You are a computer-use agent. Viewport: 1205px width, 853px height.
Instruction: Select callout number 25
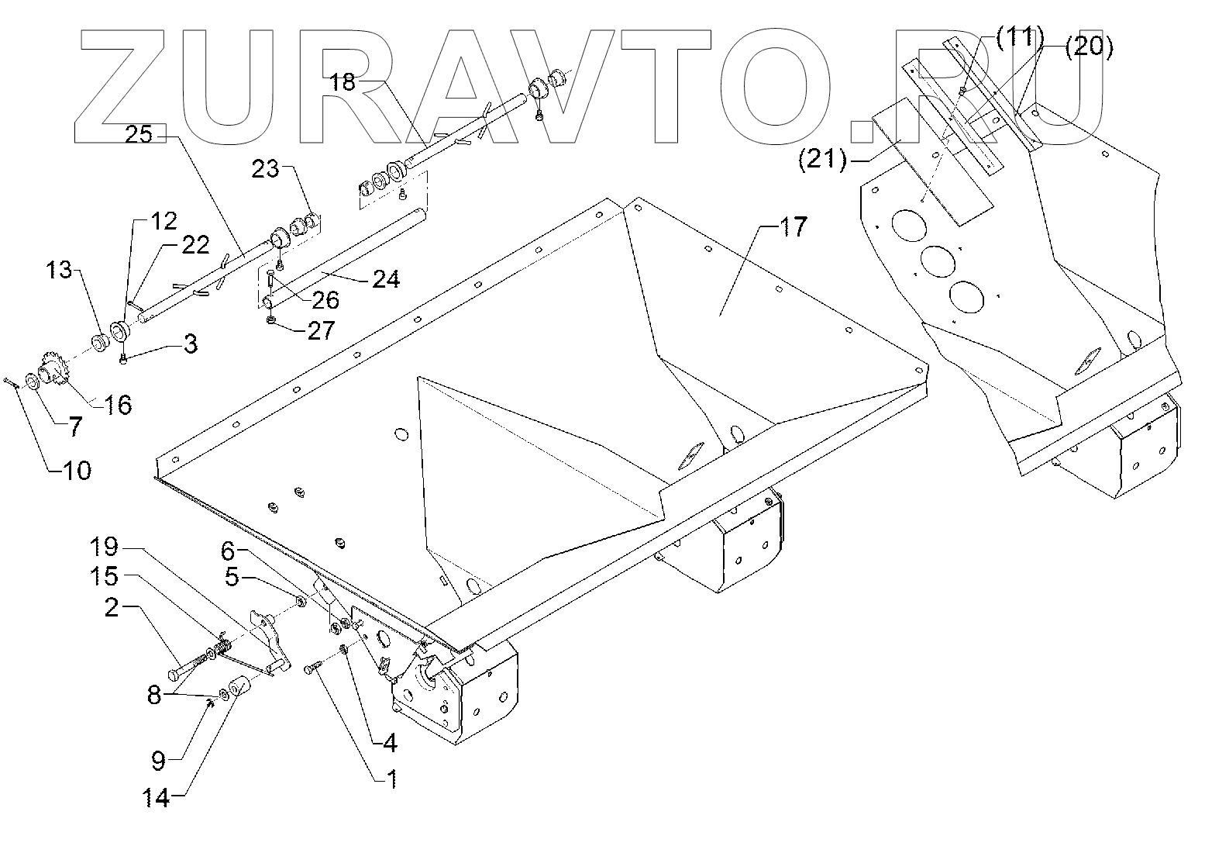(139, 136)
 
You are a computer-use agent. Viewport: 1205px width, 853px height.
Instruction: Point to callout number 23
(266, 169)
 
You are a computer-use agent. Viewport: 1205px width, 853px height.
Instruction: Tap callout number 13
(59, 271)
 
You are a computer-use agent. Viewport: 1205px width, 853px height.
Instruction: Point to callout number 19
(104, 547)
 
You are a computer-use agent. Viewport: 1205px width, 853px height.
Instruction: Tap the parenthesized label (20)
(1089, 47)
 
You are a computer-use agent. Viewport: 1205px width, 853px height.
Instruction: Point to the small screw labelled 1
(314, 667)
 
